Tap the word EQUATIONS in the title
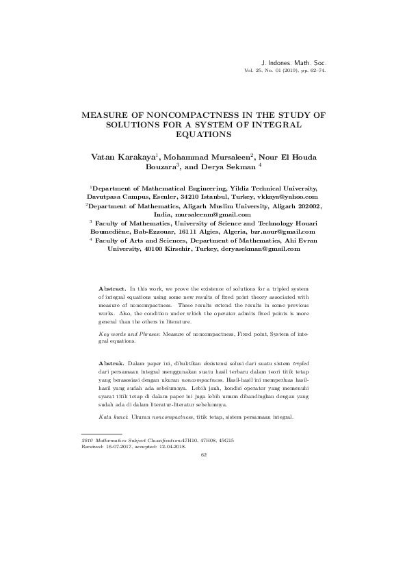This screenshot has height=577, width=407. pyautogui.click(x=203, y=135)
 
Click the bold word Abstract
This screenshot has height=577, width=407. pyautogui.click(x=112, y=291)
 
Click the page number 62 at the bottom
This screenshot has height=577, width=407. pyautogui.click(x=203, y=454)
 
